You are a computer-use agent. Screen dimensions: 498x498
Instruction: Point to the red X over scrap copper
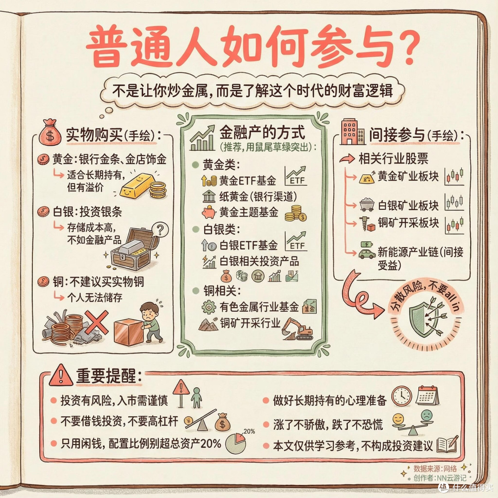click(96, 322)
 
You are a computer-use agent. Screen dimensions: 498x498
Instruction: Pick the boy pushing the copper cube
click(150, 322)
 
